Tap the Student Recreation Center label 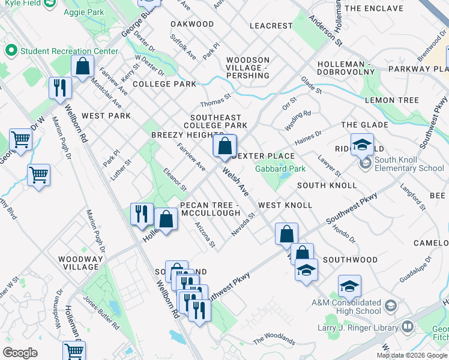click(x=68, y=51)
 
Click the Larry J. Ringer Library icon click(x=408, y=327)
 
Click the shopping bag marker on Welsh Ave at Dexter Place click(x=224, y=146)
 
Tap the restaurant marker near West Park click(x=60, y=88)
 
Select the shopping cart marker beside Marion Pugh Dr click(x=38, y=175)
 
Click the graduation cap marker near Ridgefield click(x=362, y=144)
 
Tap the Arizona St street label click(x=205, y=235)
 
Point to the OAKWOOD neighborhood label click(x=192, y=24)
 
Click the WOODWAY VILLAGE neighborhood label click(x=79, y=262)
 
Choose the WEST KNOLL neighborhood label click(x=285, y=205)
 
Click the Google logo click(x=20, y=352)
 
